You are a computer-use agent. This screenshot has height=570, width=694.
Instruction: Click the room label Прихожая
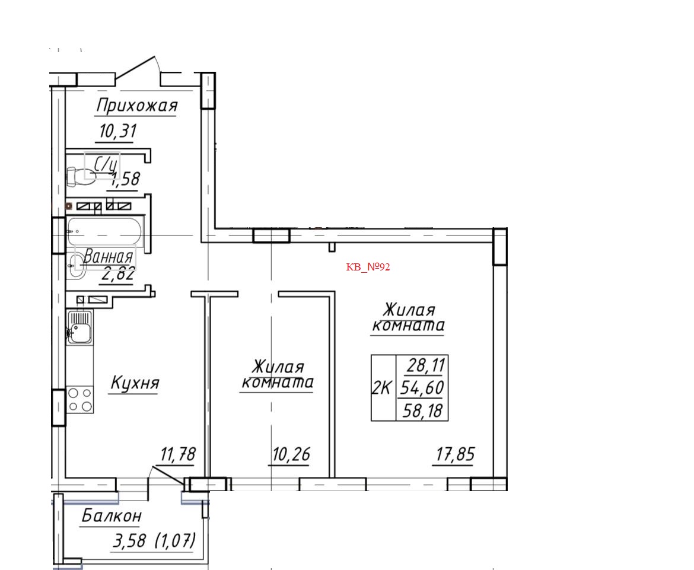[136, 106]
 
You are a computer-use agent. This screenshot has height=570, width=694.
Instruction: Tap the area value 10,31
[117, 131]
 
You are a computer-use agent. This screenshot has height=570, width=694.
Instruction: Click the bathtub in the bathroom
[104, 231]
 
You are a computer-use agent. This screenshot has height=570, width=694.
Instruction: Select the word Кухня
[135, 384]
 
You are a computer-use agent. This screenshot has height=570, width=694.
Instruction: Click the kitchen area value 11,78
[177, 456]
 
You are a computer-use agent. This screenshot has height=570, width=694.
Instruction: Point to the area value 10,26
[291, 456]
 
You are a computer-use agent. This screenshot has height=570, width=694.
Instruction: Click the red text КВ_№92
[368, 267]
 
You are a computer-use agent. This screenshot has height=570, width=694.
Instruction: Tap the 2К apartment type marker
[381, 389]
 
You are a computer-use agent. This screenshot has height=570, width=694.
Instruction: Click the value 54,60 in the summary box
[422, 388]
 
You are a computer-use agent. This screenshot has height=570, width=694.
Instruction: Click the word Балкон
[112, 517]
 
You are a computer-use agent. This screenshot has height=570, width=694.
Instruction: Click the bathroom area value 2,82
[119, 275]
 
